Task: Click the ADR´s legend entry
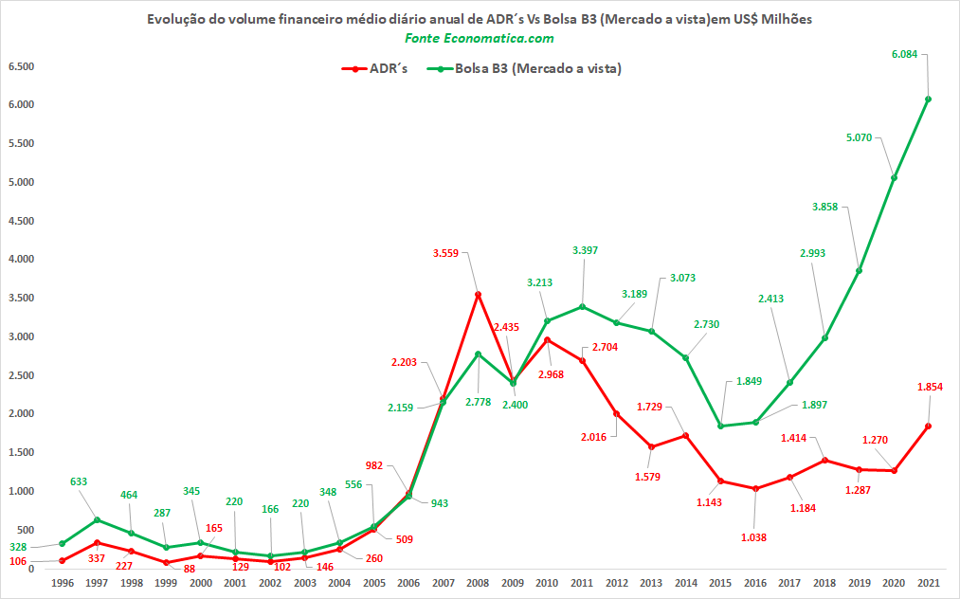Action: point(374,68)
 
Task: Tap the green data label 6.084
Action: point(904,55)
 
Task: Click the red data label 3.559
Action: point(445,253)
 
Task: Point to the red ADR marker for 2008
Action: point(479,295)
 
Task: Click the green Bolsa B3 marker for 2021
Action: point(928,99)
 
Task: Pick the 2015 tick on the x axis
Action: point(720,583)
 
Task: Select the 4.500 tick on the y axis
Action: point(22,221)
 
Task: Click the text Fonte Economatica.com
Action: point(480,38)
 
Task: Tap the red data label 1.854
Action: point(930,387)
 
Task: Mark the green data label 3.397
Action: point(585,250)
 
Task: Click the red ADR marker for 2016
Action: point(755,489)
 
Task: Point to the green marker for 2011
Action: point(582,306)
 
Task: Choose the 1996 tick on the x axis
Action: point(63,583)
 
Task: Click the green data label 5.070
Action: point(859,137)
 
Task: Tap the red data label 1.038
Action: point(753,537)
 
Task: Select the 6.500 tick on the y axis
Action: point(22,66)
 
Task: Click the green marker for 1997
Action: point(97,520)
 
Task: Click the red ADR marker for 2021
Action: point(928,427)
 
